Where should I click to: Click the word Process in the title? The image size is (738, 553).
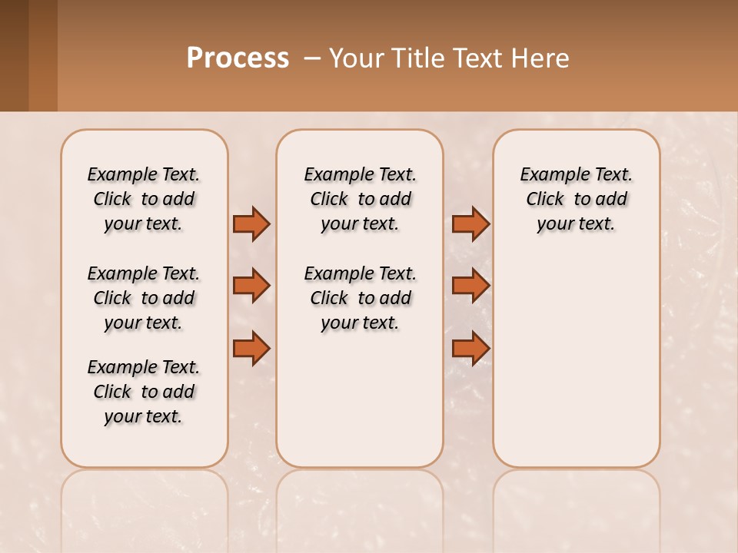tap(238, 58)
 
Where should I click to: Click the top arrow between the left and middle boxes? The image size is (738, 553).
tap(251, 224)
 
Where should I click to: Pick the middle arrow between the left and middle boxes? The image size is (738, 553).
tap(251, 286)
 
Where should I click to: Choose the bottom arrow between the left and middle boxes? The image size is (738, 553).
tap(251, 348)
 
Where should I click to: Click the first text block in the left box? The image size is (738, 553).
tap(144, 199)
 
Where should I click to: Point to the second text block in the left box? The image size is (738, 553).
tap(144, 298)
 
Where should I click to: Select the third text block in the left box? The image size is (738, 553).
tap(144, 392)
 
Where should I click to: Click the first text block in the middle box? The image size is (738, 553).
tap(361, 199)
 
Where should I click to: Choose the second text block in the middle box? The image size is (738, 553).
tap(361, 298)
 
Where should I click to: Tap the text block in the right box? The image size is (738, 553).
tap(577, 199)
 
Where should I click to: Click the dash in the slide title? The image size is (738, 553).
tap(312, 58)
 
